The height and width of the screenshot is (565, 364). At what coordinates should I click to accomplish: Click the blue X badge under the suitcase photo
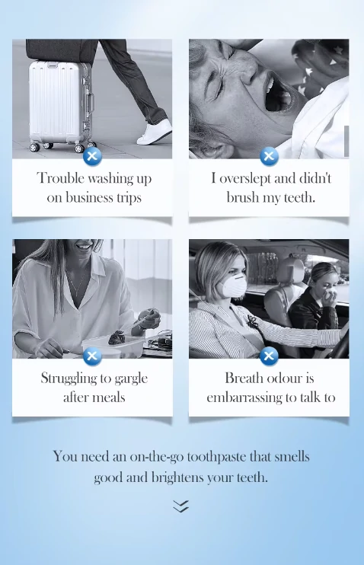[92, 156]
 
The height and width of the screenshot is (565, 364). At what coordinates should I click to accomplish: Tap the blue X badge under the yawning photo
[269, 156]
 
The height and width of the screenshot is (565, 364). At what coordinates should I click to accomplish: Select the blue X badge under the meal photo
[92, 356]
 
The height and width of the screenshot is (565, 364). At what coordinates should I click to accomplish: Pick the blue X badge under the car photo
[269, 356]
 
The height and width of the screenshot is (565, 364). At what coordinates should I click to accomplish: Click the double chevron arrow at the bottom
[181, 506]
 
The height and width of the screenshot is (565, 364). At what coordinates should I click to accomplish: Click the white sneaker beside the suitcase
[155, 132]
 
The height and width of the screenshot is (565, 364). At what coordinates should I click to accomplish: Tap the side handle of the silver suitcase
[90, 103]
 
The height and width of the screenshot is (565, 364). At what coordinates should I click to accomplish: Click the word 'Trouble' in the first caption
[61, 178]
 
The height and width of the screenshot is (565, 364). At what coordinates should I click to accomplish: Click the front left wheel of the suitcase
[34, 147]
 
